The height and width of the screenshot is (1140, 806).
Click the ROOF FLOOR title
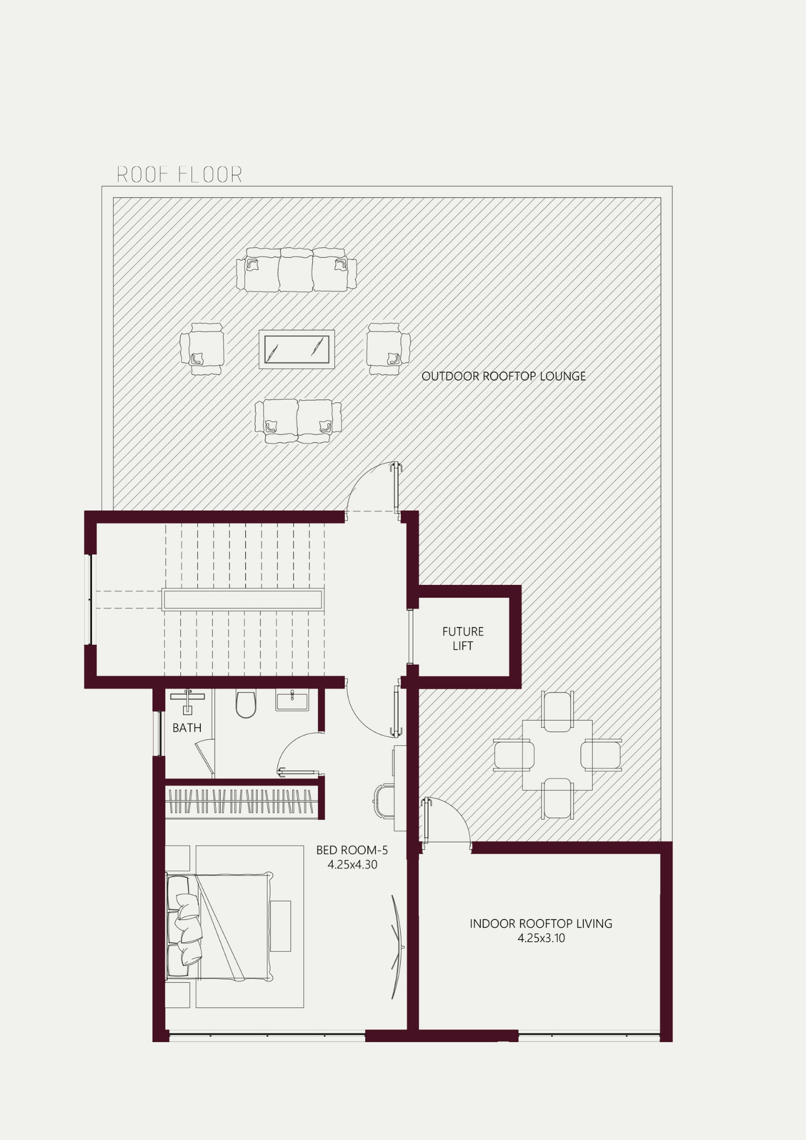pos(180,174)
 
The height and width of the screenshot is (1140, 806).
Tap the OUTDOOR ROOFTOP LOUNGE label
pos(503,376)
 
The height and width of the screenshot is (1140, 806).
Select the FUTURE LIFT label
pos(463,638)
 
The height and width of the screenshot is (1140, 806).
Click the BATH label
pos(187,728)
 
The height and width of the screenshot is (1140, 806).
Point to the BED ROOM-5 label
pos(352,850)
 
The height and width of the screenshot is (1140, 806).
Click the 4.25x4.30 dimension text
pos(352,865)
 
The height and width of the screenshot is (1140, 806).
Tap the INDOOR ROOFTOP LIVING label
pos(541,923)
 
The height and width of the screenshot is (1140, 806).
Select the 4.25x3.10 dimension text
pos(541,938)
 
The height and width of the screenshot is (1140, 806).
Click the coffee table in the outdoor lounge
pos(296,349)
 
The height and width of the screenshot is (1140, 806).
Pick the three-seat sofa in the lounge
pos(296,270)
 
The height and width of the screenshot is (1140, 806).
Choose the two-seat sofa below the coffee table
pos(298,421)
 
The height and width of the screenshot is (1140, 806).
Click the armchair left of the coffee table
pos(202,349)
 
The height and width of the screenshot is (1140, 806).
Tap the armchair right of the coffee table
pos(388,349)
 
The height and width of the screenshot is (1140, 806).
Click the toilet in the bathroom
pos(246,705)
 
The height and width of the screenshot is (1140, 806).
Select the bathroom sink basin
pos(292,701)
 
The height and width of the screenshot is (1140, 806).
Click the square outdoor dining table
pos(557,755)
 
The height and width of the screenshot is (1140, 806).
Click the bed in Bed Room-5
pos(219,927)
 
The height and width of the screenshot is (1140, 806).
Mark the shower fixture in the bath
pos(188,701)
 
